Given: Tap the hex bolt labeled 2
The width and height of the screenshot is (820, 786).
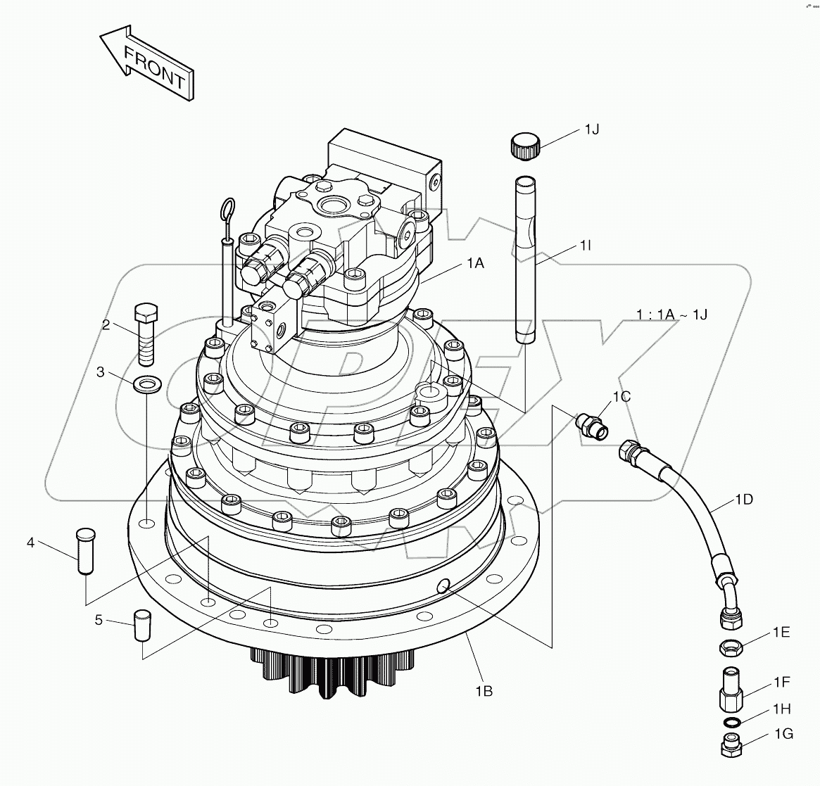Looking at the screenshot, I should point(146,334).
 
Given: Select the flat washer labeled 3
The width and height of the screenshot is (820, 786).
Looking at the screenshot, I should point(146,384).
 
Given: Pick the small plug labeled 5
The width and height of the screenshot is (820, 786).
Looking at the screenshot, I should point(142,624).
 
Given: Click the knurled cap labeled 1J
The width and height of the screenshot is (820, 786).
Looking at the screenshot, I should point(524,146).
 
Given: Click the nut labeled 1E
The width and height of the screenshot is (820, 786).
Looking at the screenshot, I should point(729,645).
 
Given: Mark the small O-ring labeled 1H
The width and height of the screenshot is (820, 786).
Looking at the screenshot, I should point(731,723).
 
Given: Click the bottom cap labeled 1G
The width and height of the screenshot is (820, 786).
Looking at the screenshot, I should point(731,745).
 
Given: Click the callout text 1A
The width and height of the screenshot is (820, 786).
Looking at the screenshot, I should point(474,262).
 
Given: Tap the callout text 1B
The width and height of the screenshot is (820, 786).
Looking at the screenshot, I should point(483,691).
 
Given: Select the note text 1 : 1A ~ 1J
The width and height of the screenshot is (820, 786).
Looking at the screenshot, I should point(672,315).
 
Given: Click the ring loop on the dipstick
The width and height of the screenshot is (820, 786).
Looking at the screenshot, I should point(227,209).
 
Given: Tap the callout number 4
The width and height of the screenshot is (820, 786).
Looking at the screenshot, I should point(30,542).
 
